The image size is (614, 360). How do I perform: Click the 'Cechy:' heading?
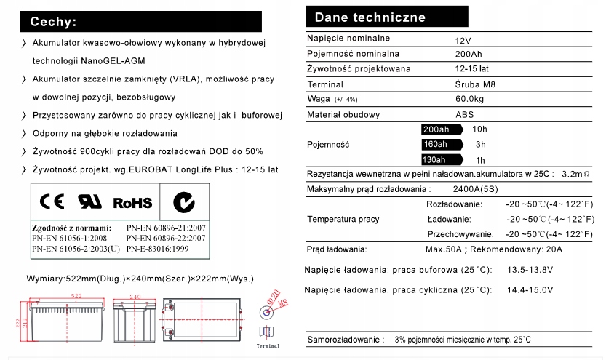(52, 22)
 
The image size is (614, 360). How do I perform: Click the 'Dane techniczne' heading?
(370, 17)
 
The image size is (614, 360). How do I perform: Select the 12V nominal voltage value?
(463, 39)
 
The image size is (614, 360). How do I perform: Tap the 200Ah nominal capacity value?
(469, 54)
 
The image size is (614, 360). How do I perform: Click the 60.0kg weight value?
(471, 100)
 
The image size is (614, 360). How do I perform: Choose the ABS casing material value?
(465, 115)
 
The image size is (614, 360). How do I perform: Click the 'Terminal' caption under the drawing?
(268, 346)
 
